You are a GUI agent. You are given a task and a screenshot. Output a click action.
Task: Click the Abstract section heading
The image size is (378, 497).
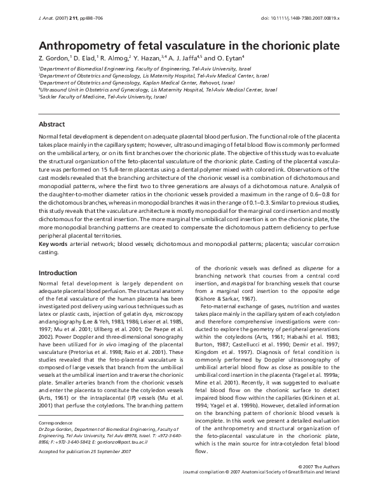(52, 124)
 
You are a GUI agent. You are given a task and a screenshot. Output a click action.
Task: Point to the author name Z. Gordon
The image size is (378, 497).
(55, 58)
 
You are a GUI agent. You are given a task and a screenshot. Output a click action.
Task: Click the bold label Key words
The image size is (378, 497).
(55, 244)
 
